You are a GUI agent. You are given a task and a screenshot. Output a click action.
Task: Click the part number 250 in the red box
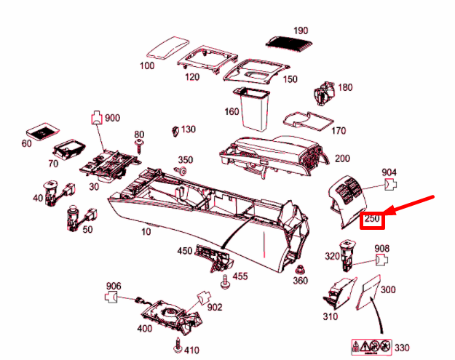[x=373, y=218]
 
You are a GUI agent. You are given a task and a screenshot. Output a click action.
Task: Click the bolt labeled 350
[x=182, y=171]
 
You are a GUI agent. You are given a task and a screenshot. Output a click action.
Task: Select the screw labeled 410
[x=177, y=341]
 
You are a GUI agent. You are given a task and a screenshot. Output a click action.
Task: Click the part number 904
[x=390, y=172]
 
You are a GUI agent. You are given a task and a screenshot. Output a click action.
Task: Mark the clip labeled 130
[x=175, y=130]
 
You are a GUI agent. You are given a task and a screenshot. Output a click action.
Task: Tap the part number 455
[x=240, y=276]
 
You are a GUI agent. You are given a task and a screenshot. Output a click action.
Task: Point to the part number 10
[x=147, y=232]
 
